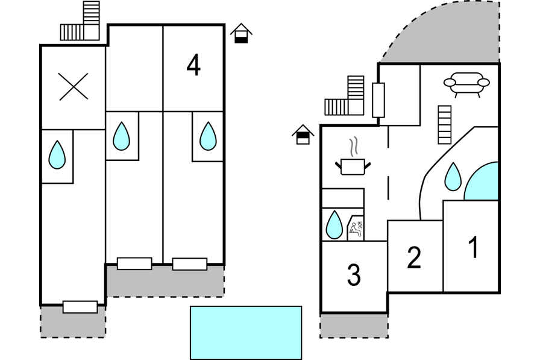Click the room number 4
[x=193, y=66]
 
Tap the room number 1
[x=474, y=247]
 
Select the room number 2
[x=414, y=257]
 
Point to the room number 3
[x=354, y=274]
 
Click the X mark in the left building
[x=74, y=86]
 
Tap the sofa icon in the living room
[x=466, y=84]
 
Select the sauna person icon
[x=356, y=229]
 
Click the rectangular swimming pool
[x=246, y=333]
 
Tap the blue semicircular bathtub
[x=482, y=181]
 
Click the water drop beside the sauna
[x=334, y=224]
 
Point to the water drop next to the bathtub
[x=453, y=177]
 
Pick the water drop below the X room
[x=57, y=154]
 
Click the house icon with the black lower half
[x=242, y=33]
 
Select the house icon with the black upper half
[x=303, y=134]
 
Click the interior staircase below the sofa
[x=445, y=125]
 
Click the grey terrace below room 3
[x=354, y=326]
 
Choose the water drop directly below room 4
[x=208, y=136]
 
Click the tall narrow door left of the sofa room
[x=378, y=100]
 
